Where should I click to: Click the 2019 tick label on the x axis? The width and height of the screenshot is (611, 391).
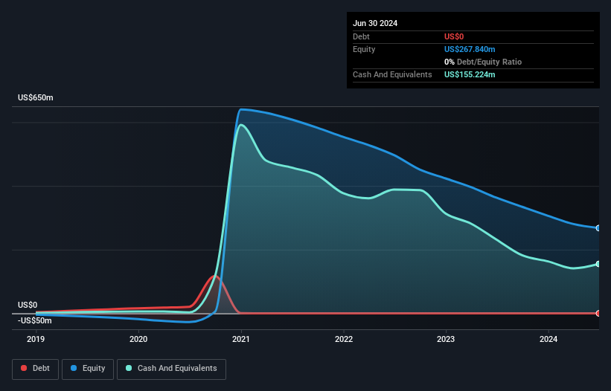36,339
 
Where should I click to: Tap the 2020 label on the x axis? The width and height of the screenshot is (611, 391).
138,339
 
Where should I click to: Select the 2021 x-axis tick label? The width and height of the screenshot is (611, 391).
241,339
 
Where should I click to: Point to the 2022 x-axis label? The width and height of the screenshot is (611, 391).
344,339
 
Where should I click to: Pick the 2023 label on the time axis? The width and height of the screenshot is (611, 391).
446,339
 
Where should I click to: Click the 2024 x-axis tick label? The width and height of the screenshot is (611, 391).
548,339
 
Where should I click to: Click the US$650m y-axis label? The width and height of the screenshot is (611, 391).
36,98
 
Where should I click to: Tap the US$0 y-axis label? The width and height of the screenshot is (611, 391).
28,305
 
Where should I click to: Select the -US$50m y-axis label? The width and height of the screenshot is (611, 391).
35,320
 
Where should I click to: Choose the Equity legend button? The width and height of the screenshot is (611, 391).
89,368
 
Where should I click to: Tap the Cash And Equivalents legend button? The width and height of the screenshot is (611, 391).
171,368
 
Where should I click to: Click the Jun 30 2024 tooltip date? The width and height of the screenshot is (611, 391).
375,23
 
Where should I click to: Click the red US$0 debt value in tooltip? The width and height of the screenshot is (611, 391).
454,36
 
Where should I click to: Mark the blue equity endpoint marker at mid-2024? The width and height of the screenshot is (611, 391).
598,228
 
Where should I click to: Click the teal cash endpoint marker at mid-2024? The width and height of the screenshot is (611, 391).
598,264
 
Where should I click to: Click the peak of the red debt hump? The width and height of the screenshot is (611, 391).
215,277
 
